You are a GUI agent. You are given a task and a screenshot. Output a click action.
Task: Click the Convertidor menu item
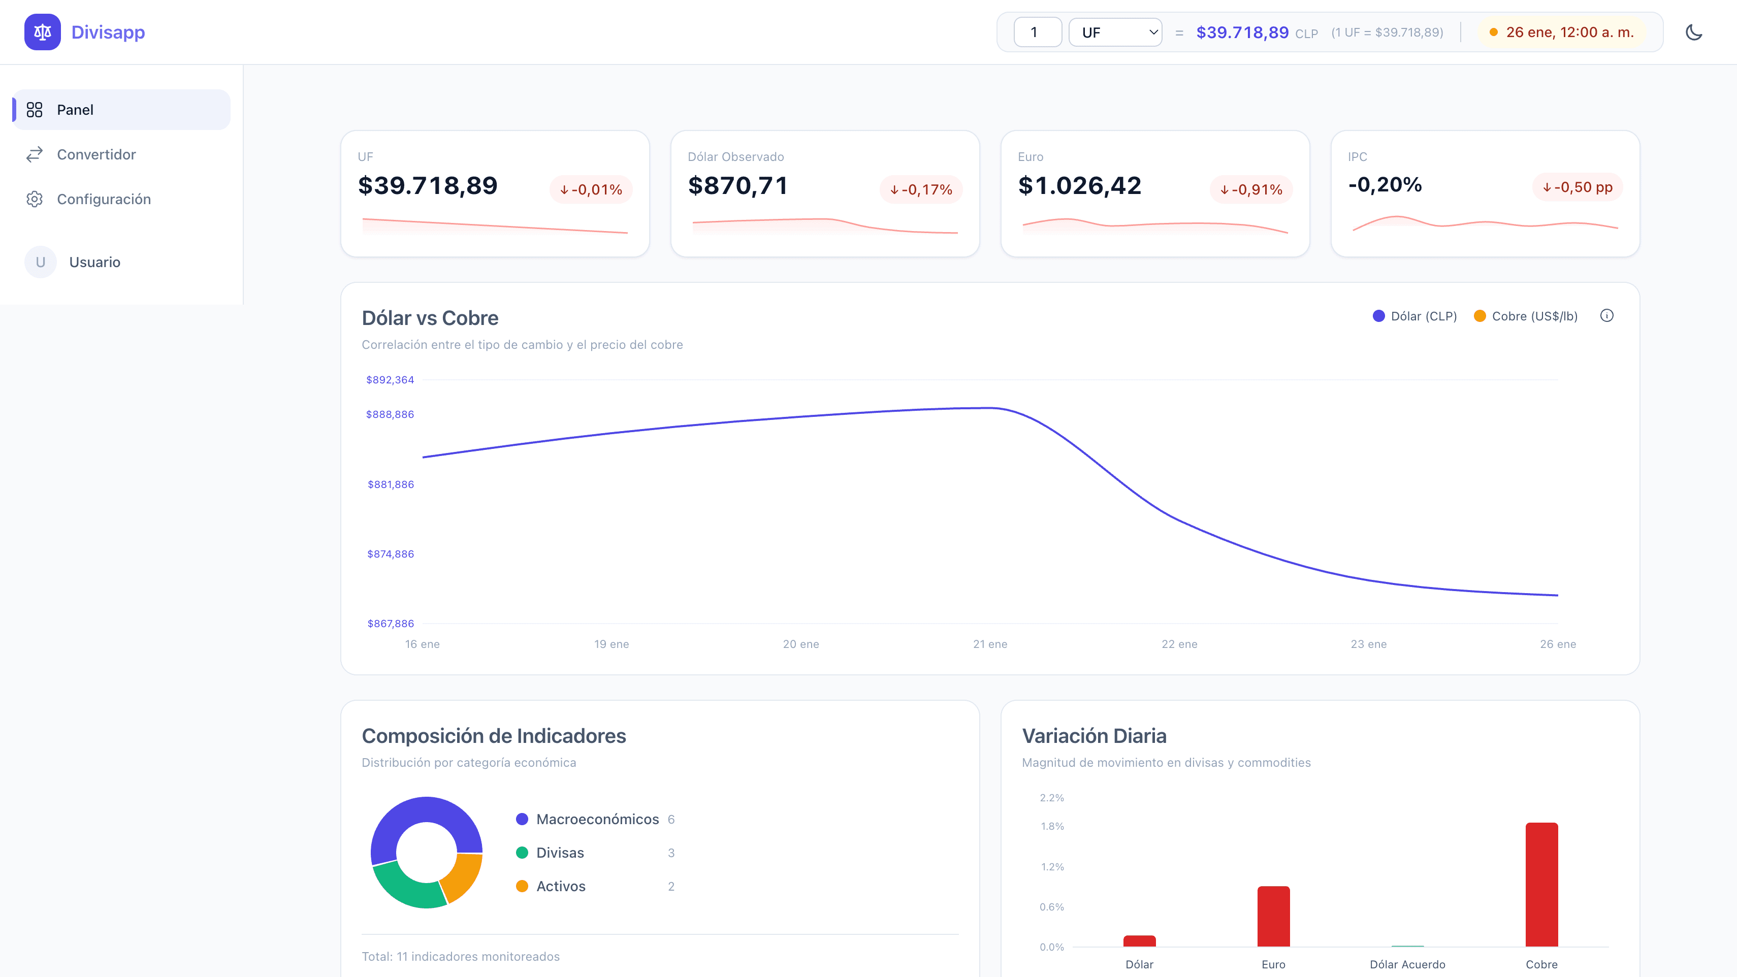96,154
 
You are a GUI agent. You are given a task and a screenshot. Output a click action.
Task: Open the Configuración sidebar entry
103,199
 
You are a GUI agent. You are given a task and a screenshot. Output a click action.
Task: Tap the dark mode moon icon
1693,32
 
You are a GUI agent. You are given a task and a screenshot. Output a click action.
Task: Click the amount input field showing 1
1037,32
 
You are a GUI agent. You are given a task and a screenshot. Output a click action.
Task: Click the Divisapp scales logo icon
43,32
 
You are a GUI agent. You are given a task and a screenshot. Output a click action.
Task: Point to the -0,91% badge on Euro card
1251,189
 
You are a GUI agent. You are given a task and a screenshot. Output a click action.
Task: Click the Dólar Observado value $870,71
737,185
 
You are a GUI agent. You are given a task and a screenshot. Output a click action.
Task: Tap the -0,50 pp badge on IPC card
1577,187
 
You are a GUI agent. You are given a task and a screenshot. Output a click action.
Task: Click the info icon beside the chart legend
1607,315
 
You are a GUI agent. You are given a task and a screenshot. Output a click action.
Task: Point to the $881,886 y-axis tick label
391,484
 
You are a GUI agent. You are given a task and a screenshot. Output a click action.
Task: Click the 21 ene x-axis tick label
990,644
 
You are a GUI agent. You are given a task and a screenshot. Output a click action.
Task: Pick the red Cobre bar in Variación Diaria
1541,884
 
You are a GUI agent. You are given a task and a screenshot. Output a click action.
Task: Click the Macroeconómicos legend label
597,819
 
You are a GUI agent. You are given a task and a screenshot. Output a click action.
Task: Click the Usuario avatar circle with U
41,263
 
